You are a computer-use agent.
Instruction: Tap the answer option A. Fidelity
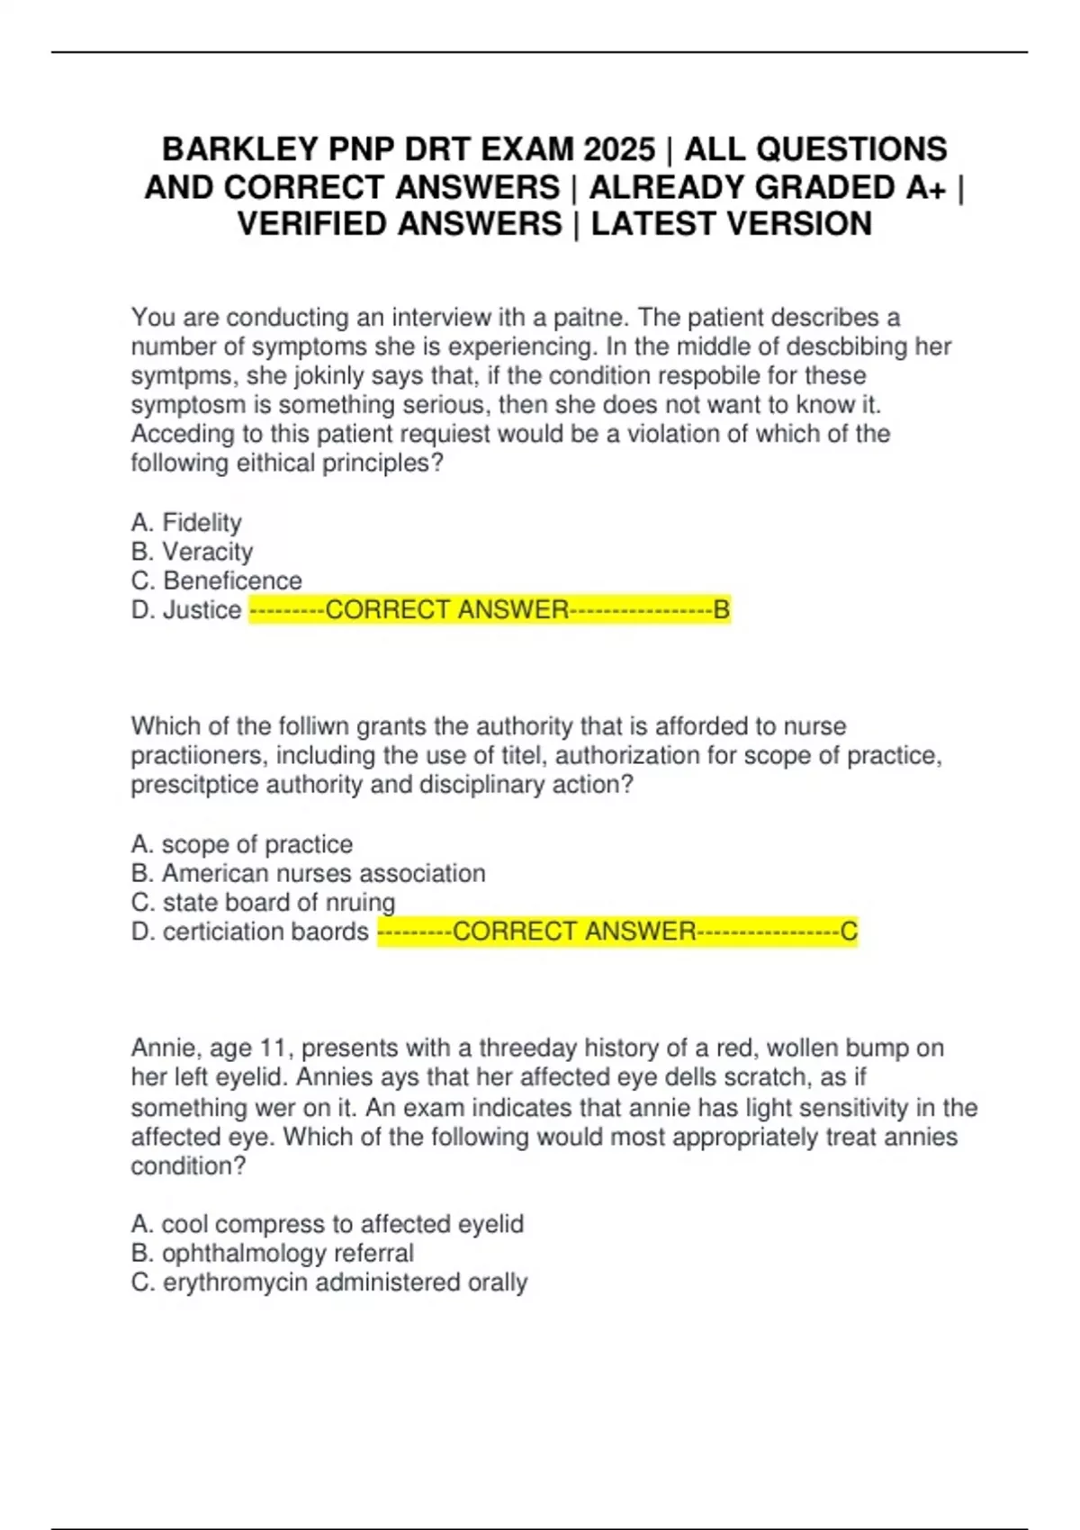tap(186, 522)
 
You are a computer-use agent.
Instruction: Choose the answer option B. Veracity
tap(192, 551)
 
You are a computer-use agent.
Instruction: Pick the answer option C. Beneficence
tap(216, 580)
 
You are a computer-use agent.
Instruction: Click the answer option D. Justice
tap(186, 609)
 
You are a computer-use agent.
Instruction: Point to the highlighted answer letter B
tap(722, 609)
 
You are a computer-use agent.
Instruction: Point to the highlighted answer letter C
tap(849, 931)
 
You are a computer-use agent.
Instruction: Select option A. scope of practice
tap(241, 844)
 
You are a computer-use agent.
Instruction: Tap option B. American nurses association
tap(308, 873)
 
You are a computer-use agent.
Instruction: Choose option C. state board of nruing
tap(263, 902)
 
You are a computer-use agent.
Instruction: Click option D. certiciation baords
tap(249, 931)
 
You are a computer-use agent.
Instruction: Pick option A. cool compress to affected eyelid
tap(327, 1224)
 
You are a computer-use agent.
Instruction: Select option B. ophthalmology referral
tap(272, 1253)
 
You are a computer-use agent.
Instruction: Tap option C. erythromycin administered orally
tap(328, 1282)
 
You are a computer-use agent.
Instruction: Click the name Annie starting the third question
tap(164, 1048)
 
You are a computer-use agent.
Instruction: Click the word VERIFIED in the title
tap(309, 224)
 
